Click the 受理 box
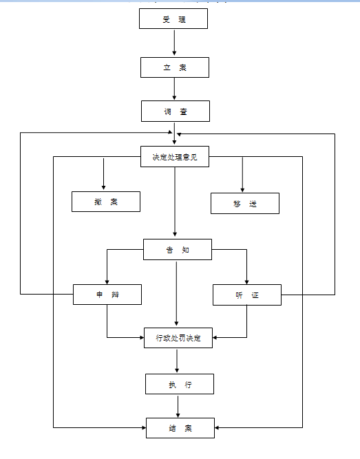point(173,19)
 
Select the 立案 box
point(175,67)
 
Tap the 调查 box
point(176,111)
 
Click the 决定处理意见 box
point(175,157)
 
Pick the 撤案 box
point(106,202)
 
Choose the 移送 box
point(245,204)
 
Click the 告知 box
point(178,249)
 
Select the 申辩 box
point(107,295)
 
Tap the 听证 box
point(247,295)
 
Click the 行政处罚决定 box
point(178,338)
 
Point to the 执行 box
point(180,384)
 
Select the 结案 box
point(180,428)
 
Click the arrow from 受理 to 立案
point(174,43)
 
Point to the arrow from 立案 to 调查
point(174,89)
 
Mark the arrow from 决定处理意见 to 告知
point(175,202)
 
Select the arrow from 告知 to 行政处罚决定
point(176,294)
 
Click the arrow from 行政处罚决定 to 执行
point(177,361)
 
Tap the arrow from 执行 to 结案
point(178,407)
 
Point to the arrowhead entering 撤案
point(103,187)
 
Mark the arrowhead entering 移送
point(242,189)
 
